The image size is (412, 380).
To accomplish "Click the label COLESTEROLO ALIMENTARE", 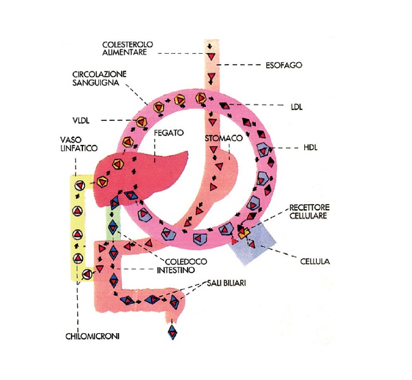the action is tap(127, 48).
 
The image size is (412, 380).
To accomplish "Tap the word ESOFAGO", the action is tap(284, 65).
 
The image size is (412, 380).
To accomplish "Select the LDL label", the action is tap(297, 107).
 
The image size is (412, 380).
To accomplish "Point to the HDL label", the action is tap(311, 148).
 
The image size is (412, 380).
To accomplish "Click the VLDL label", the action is tap(81, 120).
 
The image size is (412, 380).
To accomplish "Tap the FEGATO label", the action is tap(169, 132).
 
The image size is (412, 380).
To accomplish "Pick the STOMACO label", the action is tap(224, 138).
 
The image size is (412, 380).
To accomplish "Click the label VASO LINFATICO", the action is tap(79, 144).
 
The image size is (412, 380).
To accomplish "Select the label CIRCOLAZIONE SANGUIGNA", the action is tap(100, 79).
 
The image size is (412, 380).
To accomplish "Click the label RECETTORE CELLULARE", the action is tap(309, 212).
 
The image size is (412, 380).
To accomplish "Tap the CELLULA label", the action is tap(315, 262).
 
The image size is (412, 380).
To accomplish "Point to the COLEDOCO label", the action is tap(186, 262).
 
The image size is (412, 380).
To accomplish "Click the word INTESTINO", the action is tap(176, 270).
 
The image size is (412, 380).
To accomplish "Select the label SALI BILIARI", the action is tap(226, 283).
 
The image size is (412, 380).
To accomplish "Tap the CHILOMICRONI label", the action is tap(93, 336).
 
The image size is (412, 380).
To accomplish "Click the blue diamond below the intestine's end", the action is tap(172, 332).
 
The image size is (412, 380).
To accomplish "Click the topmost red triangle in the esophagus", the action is tap(211, 56).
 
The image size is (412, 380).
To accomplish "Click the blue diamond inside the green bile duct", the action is tap(113, 227).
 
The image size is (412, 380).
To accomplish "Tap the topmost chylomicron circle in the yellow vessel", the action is tap(79, 186).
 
